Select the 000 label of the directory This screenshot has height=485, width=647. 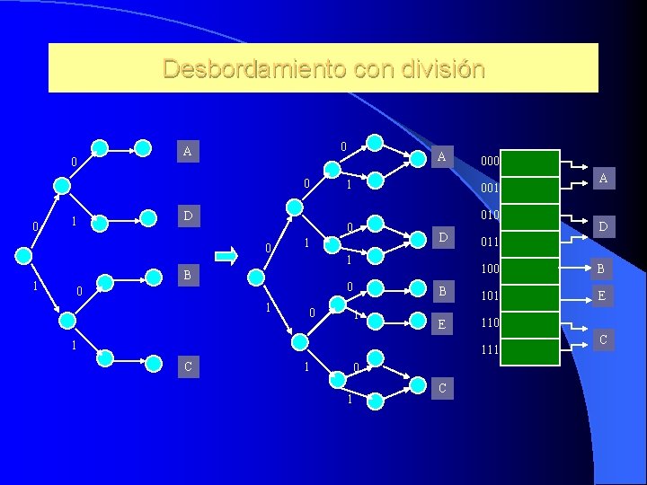pos(491,162)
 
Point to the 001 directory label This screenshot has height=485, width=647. pos(491,189)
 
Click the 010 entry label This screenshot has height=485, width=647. pos(491,215)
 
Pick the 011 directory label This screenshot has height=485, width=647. pos(491,242)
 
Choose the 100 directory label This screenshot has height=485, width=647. pos(491,269)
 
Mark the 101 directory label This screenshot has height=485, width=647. pos(491,295)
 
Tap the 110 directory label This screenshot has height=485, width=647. pos(491,322)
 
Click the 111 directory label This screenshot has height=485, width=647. pos(491,348)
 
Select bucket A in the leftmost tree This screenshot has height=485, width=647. pos(187,151)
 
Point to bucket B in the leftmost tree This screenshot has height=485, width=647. pos(187,275)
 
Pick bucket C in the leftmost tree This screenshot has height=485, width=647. pos(187,366)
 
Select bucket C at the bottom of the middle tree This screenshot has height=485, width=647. pos(440,388)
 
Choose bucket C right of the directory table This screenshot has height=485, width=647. pos(603,339)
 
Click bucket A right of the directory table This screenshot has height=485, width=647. pos(603,179)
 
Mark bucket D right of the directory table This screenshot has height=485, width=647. pos(603,228)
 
